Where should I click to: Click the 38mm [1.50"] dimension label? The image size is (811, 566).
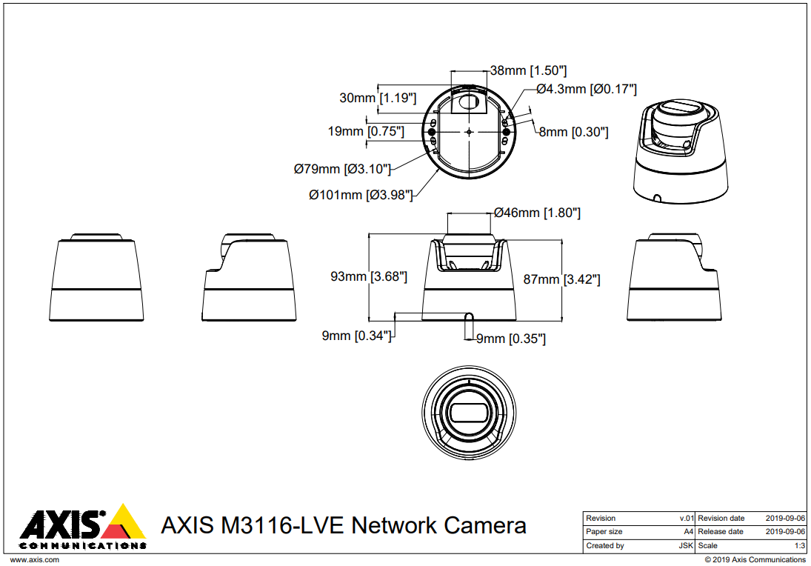pyautogui.click(x=529, y=70)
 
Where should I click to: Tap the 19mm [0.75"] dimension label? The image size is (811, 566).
pyautogui.click(x=366, y=131)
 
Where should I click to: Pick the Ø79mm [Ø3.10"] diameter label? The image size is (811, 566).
pyautogui.click(x=342, y=169)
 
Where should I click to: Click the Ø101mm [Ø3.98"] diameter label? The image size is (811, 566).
pyautogui.click(x=361, y=195)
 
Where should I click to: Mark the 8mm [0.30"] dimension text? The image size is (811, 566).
pyautogui.click(x=573, y=132)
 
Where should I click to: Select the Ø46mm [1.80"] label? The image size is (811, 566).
pyautogui.click(x=537, y=213)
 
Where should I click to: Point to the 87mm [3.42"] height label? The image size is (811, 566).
pyautogui.click(x=561, y=279)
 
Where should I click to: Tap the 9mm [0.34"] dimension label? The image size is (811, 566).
pyautogui.click(x=356, y=336)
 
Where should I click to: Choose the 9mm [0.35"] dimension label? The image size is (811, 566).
pyautogui.click(x=510, y=339)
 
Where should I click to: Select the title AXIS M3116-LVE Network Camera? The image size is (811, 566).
pyautogui.click(x=344, y=525)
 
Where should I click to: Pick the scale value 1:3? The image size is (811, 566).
pyautogui.click(x=799, y=546)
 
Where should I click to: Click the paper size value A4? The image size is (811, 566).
pyautogui.click(x=688, y=532)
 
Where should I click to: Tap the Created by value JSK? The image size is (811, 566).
pyautogui.click(x=686, y=546)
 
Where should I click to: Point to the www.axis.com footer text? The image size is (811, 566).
pyautogui.click(x=34, y=559)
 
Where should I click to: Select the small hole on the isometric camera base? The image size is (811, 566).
pyautogui.click(x=658, y=198)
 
